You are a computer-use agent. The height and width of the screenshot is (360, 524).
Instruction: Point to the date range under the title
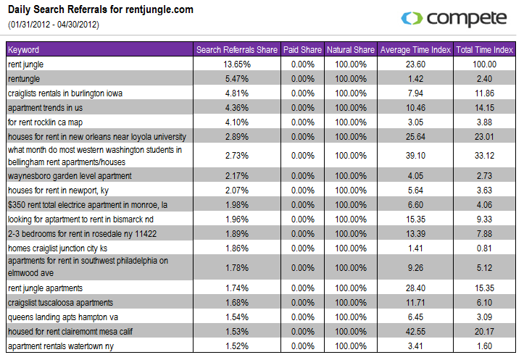coord(54,25)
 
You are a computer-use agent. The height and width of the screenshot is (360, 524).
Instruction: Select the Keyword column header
coord(23,50)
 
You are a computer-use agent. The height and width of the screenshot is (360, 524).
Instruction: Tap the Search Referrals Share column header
coord(237,50)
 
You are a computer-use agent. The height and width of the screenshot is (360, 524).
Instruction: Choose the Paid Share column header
coord(302,50)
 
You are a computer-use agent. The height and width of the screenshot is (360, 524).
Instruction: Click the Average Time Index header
coord(415,50)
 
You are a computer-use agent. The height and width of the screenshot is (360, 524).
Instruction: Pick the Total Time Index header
coord(484,50)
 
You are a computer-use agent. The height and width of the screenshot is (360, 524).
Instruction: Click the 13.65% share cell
coord(237,64)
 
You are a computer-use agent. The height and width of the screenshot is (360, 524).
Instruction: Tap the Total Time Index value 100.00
coord(484,64)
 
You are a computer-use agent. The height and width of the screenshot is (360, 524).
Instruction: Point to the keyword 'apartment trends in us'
coord(46,107)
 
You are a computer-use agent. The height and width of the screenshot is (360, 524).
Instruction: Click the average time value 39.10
coord(415,156)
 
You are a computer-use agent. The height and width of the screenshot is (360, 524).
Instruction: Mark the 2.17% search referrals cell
coord(237,175)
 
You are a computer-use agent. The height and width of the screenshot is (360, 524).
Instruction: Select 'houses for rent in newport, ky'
coord(58,190)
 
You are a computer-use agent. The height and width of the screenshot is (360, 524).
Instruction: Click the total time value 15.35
coord(484,288)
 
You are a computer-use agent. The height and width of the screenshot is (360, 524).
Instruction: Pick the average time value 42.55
coord(415,331)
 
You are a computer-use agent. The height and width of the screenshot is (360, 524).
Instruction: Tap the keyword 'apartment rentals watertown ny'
coord(60,346)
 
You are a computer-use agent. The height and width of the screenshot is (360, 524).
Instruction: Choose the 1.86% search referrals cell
coord(237,248)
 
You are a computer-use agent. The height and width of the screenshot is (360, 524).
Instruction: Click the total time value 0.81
coord(484,248)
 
